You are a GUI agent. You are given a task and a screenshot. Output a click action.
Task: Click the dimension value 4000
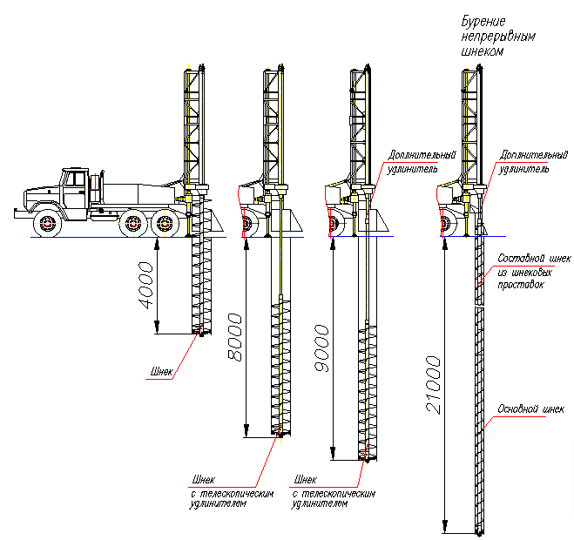point(145,285)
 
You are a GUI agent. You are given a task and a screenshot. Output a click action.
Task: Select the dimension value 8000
point(234,337)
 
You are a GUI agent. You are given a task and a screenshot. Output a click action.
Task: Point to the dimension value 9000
point(322,348)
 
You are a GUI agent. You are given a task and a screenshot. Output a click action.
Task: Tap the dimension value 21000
point(434,385)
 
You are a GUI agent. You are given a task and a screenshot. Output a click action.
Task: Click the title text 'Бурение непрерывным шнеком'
point(498,36)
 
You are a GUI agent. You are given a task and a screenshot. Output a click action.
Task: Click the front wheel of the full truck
point(47,223)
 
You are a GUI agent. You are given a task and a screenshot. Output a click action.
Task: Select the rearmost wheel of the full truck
point(165,223)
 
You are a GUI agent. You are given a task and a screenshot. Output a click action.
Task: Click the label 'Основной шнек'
point(530,409)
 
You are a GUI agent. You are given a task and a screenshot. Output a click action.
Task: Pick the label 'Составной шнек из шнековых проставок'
point(534,271)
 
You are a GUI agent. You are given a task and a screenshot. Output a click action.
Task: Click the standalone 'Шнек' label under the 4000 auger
point(161,372)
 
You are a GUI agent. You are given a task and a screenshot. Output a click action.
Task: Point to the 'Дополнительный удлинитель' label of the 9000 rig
point(422,162)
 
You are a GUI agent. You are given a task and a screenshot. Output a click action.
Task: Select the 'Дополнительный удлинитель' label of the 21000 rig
point(533,162)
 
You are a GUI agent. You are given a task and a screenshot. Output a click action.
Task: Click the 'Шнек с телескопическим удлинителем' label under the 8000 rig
point(232,491)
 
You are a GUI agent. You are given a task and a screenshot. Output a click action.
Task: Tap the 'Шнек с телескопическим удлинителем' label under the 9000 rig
point(334,491)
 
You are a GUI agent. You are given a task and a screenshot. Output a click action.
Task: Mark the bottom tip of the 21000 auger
point(479,536)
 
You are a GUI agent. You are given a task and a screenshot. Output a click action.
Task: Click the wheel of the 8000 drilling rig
point(248,223)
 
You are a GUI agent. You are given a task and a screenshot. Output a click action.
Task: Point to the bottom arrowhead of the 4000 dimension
point(157,326)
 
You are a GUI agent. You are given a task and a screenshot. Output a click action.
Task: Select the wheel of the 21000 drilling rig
point(448,223)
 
